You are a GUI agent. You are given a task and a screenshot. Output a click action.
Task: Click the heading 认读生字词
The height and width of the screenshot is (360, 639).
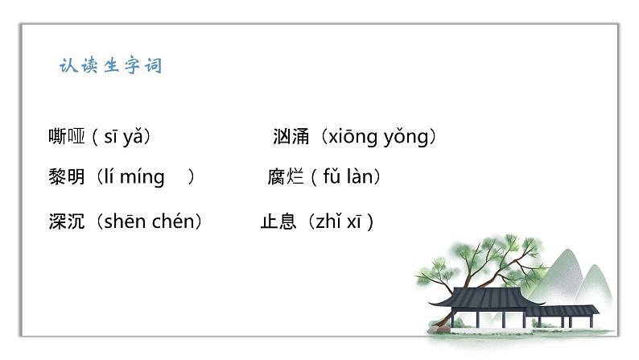pos(110,65)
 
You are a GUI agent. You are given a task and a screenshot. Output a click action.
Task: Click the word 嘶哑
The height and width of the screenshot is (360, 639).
pos(67,137)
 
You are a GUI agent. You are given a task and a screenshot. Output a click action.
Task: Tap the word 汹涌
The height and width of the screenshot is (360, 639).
pos(291,137)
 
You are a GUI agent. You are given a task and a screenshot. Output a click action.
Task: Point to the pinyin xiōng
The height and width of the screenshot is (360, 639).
pos(349,137)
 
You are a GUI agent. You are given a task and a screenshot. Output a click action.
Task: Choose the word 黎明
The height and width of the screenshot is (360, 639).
pos(67,177)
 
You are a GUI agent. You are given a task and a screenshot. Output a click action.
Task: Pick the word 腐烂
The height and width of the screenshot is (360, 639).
pos(285,177)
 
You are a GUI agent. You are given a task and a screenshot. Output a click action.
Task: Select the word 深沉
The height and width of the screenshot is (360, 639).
pos(67,221)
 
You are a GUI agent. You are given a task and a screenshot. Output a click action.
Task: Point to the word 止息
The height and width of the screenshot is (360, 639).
pos(278,221)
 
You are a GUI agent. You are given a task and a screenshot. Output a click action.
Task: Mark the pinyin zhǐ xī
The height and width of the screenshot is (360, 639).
pos(337,221)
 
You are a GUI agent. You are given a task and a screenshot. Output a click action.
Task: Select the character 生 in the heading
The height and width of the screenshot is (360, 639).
pos(111,65)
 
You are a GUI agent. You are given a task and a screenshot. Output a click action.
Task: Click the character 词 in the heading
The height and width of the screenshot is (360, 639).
pos(153,65)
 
